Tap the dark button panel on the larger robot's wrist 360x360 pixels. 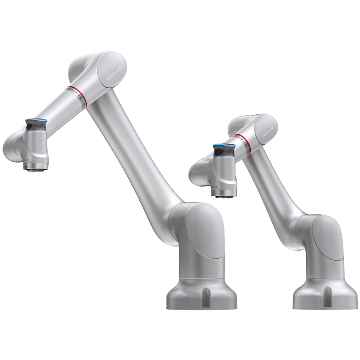[x=30, y=126]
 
